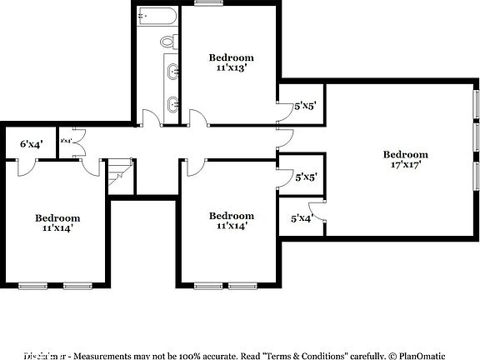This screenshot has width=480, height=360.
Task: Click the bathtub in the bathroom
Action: pos(156,16)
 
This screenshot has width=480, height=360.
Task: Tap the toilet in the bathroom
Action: pos(167,42)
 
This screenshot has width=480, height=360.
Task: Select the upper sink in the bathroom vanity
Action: pos(172,72)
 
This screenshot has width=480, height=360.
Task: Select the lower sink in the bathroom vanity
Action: pos(172,104)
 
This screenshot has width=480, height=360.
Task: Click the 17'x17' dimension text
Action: pos(406,165)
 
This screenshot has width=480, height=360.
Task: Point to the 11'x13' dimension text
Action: pos(231,69)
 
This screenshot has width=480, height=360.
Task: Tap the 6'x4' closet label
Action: pos(30,144)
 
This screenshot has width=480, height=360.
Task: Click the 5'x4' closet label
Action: pos(301,218)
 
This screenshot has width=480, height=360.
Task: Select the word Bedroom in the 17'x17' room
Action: pos(406,154)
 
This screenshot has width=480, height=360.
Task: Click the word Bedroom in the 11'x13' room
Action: pos(231,57)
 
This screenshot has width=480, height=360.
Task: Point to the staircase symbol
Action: pos(119,171)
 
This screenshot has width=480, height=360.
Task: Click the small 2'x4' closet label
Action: pos(66,142)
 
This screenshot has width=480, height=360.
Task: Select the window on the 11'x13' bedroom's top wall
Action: pos(202,3)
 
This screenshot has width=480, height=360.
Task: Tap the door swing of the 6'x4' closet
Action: pos(27,167)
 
